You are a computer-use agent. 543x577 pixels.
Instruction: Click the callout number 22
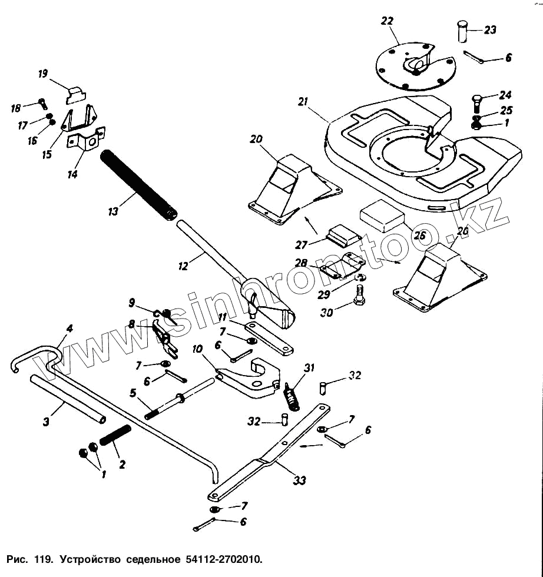388,21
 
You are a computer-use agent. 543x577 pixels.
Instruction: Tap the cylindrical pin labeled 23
462,32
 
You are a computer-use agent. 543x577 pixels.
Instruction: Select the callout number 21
303,101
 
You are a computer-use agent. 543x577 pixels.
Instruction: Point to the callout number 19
43,74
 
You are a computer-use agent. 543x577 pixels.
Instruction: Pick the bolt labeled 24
476,104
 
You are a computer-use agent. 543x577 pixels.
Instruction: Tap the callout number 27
301,245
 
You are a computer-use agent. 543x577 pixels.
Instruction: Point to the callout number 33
299,480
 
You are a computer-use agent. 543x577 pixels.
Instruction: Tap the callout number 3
46,422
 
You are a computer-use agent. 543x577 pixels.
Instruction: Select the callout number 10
197,349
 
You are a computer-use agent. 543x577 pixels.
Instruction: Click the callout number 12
183,266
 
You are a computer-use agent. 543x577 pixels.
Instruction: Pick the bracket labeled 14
86,140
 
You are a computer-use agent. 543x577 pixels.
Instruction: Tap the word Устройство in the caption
90,560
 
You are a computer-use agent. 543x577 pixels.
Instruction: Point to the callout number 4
69,329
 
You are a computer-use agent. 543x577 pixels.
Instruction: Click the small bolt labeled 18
43,104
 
